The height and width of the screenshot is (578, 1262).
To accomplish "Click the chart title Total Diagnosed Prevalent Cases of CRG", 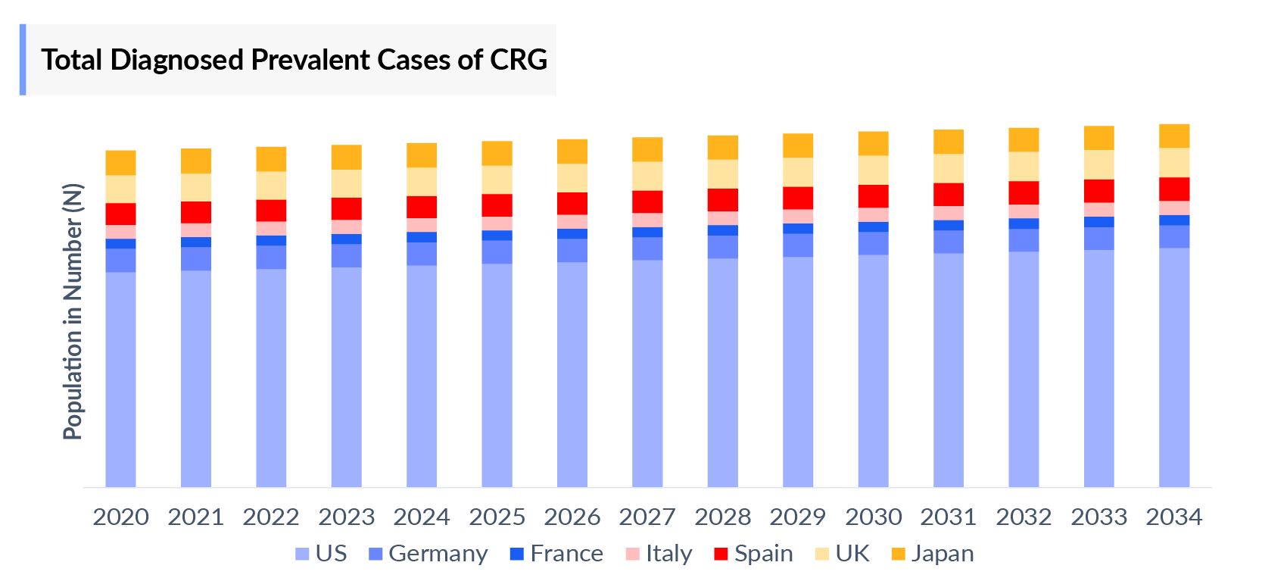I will point(294,60).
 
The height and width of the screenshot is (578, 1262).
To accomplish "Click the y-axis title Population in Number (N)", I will point(73,311).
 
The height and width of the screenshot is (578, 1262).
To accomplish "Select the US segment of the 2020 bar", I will point(120,379).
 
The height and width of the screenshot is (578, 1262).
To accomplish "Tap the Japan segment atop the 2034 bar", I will point(1173,136).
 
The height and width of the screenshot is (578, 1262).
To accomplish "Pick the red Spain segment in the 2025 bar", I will point(497,205).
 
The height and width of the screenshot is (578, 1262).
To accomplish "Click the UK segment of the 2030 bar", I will point(873,170).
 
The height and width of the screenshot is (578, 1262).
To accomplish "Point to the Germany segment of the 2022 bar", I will point(271,257).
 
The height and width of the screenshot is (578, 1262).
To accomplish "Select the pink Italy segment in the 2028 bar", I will point(722,218).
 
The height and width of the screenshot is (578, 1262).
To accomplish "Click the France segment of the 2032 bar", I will point(1024,223).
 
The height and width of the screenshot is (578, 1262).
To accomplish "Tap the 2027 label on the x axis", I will point(647,517).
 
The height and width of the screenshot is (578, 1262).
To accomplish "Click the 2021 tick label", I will point(195,517).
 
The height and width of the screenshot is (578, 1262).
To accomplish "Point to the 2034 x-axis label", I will point(1173,517).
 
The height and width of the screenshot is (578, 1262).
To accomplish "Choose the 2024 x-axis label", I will point(422,517).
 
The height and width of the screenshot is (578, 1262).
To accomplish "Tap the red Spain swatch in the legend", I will point(721,554).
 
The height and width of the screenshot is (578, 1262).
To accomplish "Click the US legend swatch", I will point(302,554).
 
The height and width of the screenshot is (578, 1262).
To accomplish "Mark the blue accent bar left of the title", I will point(23,60).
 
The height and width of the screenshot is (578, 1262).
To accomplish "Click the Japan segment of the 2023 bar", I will point(346,157).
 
